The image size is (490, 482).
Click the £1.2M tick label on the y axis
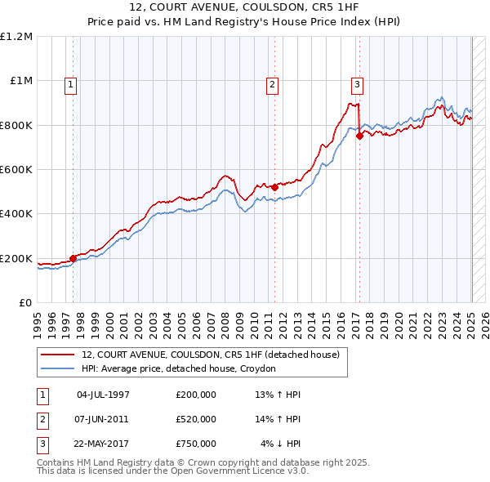(16, 37)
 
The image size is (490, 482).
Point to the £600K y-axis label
(16, 170)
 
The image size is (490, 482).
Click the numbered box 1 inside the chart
(71, 83)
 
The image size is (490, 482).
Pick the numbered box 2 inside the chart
(272, 83)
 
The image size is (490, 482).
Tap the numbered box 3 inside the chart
(358, 83)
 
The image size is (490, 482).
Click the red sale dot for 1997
(73, 258)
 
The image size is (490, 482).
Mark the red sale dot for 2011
(274, 187)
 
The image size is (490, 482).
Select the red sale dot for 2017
(359, 136)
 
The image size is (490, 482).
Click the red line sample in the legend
(58, 355)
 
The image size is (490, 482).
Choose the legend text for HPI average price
(179, 368)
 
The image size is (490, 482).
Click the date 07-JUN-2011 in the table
(102, 419)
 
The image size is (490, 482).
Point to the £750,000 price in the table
(196, 444)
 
